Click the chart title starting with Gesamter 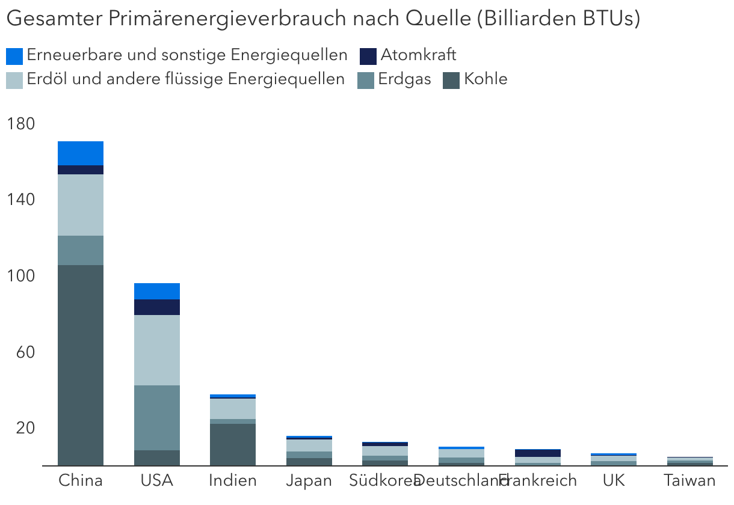point(323,19)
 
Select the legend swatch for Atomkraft point(368,57)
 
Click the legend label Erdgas point(404,79)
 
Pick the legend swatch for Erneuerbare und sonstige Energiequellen point(14,57)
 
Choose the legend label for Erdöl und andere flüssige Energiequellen point(185,79)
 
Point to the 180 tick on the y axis point(21,124)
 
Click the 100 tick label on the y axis point(21,276)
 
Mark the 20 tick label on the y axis point(25,428)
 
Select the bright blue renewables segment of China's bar point(81,153)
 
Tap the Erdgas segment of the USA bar point(157,417)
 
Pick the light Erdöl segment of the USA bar point(157,350)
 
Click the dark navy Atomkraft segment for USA point(157,307)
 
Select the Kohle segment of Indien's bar point(233,444)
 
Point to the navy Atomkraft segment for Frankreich point(537,453)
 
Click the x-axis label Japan point(309,481)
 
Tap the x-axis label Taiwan point(689,481)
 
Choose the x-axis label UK point(613,481)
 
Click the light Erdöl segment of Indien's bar point(233,409)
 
